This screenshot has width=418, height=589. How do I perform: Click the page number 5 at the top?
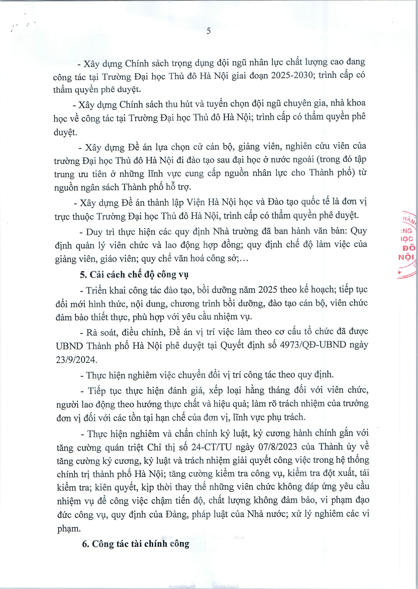pyautogui.click(x=208, y=31)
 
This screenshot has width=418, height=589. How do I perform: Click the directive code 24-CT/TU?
pyautogui.click(x=212, y=447)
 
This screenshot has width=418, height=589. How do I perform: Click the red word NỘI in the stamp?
pyautogui.click(x=406, y=257)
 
